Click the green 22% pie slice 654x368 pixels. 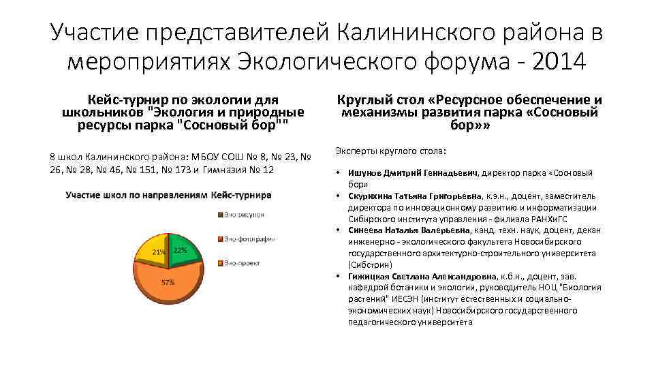pyautogui.click(x=183, y=250)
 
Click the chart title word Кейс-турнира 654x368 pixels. pyautogui.click(x=241, y=195)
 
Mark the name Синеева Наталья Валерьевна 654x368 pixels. pyautogui.click(x=409, y=230)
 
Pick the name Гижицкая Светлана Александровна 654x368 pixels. pyautogui.click(x=425, y=276)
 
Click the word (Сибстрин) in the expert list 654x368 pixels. pyautogui.click(x=368, y=264)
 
